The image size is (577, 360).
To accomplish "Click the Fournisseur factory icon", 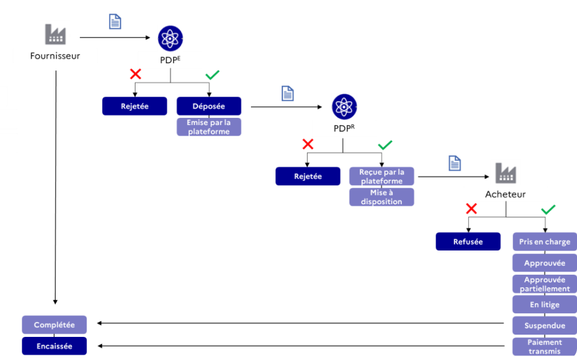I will point(55,35).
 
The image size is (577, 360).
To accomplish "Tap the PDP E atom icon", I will point(170,38).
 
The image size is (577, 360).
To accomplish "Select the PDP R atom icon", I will point(344,107).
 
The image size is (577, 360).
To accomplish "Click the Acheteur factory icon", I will point(505,173).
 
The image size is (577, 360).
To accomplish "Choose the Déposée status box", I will point(209,106).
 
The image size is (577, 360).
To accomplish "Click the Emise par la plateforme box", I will point(209,127).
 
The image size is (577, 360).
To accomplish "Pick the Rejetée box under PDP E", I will point(134,106).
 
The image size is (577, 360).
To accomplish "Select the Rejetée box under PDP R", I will point(308,176).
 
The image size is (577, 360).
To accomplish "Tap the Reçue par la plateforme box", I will point(382,176).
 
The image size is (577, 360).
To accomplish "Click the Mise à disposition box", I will point(382,197).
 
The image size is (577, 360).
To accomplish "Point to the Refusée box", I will point(468,242).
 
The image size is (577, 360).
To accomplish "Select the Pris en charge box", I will point(544,242).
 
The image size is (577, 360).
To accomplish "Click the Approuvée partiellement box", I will point(544,284).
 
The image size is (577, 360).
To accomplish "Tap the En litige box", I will point(544,305).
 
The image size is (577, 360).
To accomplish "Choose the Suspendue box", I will point(544,326).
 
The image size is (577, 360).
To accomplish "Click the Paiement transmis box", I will point(544,346).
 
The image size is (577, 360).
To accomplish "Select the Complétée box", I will point(54,325).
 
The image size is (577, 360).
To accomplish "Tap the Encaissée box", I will point(54,346).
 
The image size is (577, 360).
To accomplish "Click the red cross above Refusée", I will point(471,208).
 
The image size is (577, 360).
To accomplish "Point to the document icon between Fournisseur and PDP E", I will point(115,21).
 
